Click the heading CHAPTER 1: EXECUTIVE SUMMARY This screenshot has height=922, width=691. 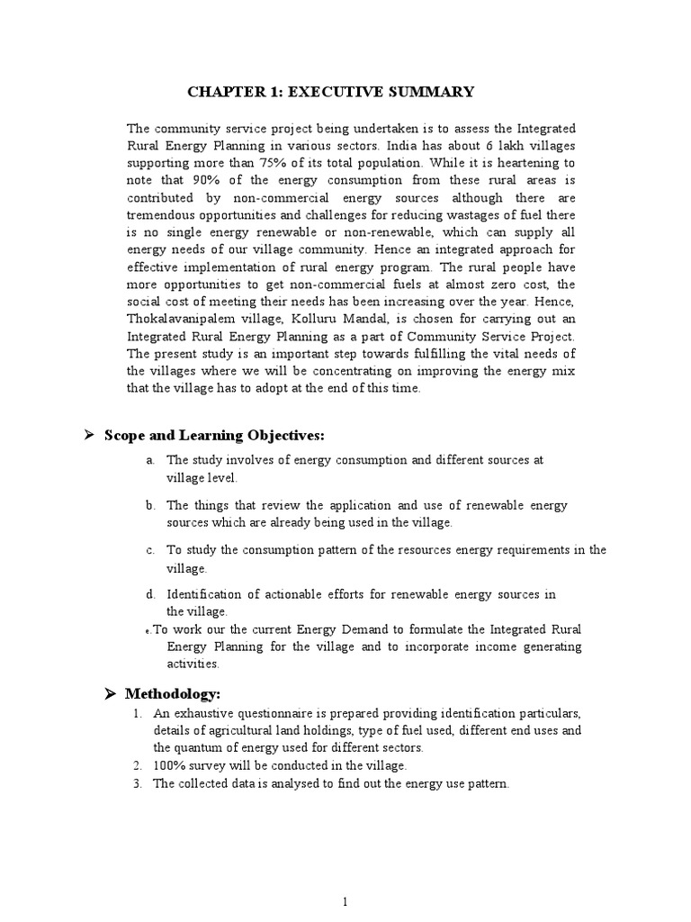click(330, 93)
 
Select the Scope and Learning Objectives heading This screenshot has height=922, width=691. click(214, 436)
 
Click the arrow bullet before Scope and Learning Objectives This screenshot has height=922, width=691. click(90, 436)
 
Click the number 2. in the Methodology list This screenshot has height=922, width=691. click(137, 766)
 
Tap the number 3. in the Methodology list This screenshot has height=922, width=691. click(137, 784)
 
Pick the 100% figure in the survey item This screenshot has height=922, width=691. click(168, 766)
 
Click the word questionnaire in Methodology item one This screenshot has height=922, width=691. click(270, 713)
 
